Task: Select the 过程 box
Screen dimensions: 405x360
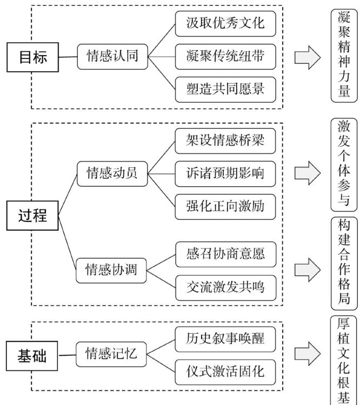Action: [x=32, y=215]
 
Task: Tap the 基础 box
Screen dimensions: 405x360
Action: [x=32, y=356]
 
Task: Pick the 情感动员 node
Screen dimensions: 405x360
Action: [x=112, y=173]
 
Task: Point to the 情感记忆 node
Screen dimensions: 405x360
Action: [x=112, y=354]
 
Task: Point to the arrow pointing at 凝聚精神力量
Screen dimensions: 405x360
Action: [x=307, y=57]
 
